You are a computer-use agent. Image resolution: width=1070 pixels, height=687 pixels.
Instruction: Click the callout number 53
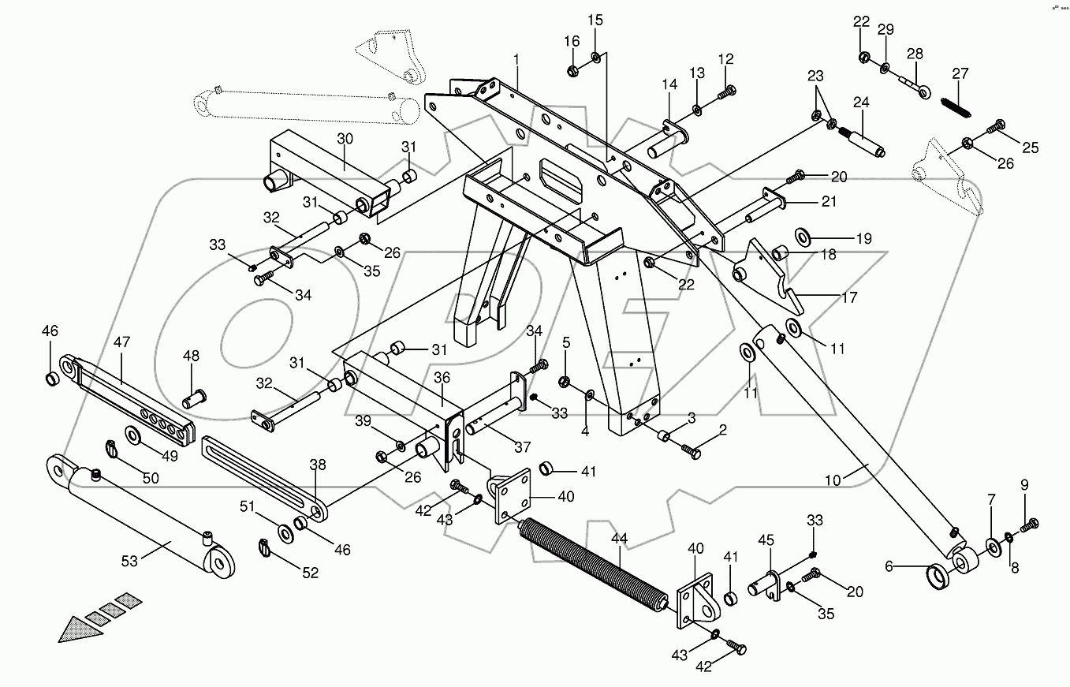[x=129, y=561]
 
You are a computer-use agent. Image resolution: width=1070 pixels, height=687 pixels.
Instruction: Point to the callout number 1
[x=516, y=59]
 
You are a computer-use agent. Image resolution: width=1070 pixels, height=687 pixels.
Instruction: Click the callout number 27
[x=960, y=73]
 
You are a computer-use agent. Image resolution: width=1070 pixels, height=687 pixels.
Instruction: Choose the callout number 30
[x=345, y=138]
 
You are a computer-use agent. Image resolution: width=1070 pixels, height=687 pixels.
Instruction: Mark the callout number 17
[x=848, y=298]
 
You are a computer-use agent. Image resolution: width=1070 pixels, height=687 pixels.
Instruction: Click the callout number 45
[x=766, y=540]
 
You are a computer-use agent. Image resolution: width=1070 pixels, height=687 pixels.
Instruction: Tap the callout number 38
[x=317, y=465]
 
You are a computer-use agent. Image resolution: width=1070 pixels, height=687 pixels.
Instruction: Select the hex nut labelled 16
[x=572, y=71]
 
